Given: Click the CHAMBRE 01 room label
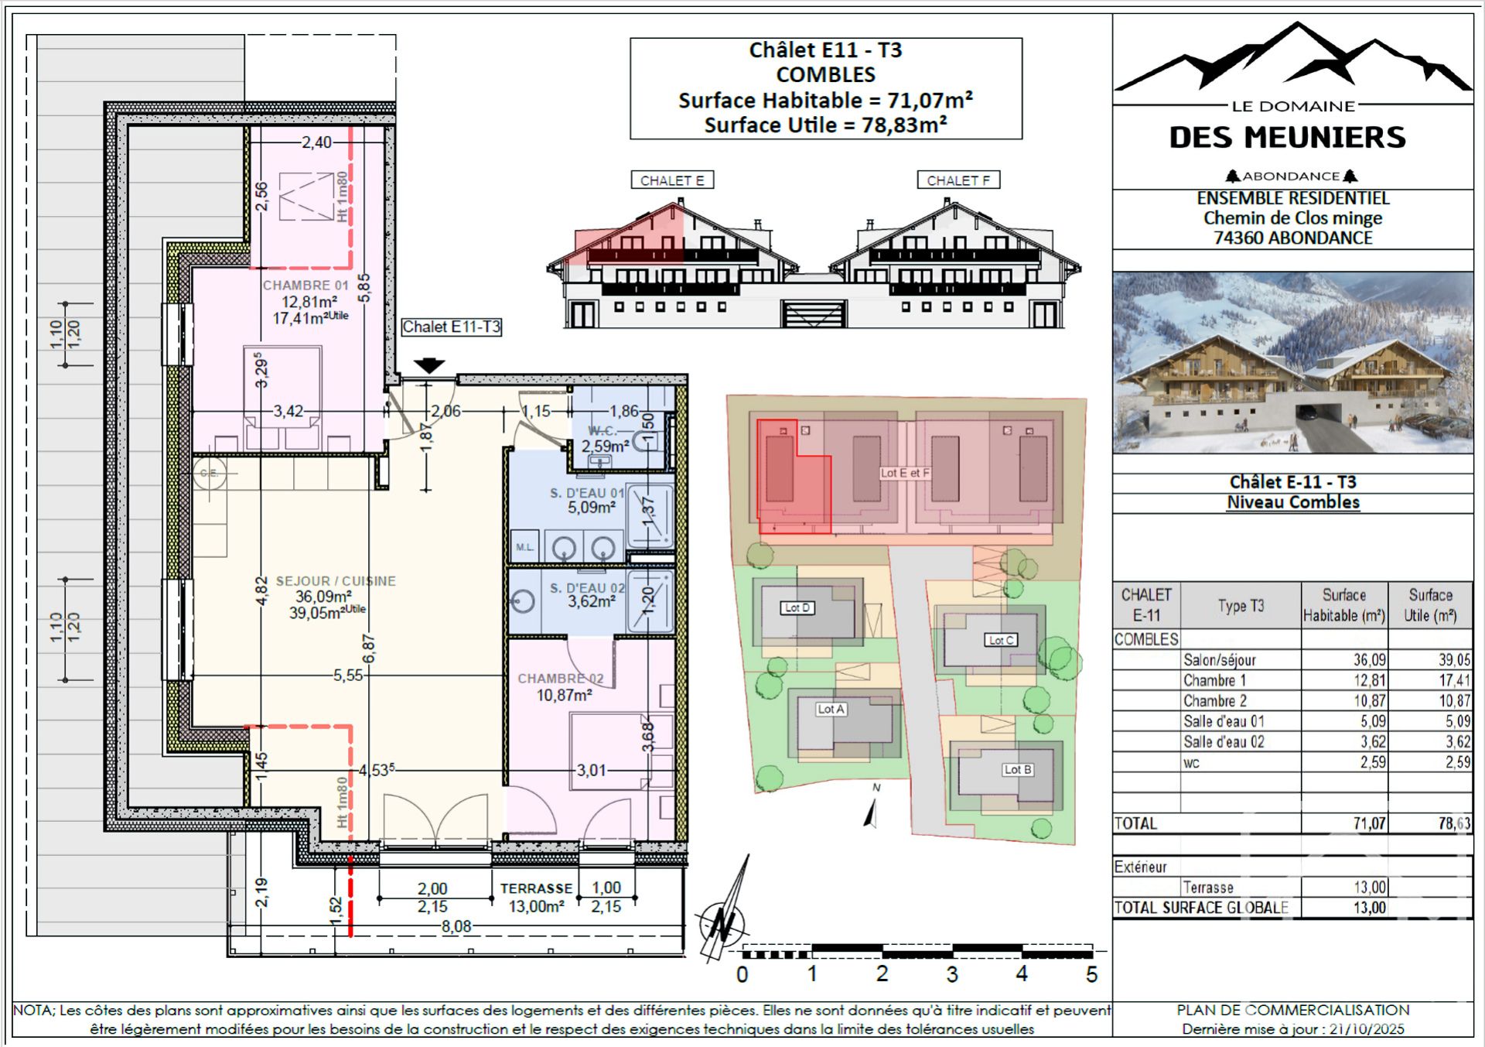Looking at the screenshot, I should click(x=306, y=285).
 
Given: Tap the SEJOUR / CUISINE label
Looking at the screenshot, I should click(x=336, y=580).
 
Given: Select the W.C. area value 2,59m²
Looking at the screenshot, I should click(x=605, y=447).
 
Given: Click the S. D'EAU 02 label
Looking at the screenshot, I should click(x=586, y=588).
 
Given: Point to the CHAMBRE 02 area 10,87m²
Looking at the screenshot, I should click(x=565, y=695).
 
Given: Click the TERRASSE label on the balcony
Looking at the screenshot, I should click(x=536, y=888).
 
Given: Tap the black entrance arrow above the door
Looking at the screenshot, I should click(x=429, y=365).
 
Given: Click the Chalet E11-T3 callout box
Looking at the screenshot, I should click(x=452, y=327).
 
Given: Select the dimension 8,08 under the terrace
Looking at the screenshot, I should click(x=456, y=926).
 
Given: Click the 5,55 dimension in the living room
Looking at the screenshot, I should click(x=348, y=676).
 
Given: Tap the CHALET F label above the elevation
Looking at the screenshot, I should click(x=958, y=180).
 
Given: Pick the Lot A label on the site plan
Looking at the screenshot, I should click(x=831, y=709).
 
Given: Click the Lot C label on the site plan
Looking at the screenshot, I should click(x=1001, y=640).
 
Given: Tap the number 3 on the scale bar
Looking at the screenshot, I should click(x=952, y=974).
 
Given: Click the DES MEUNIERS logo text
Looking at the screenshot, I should click(x=1287, y=138).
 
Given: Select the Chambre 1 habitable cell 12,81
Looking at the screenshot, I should click(x=1369, y=680).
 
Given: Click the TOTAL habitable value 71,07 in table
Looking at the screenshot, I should click(x=1369, y=823).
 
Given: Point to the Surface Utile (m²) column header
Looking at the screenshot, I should click(x=1430, y=605).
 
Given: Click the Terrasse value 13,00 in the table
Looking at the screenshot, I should click(x=1369, y=888).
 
